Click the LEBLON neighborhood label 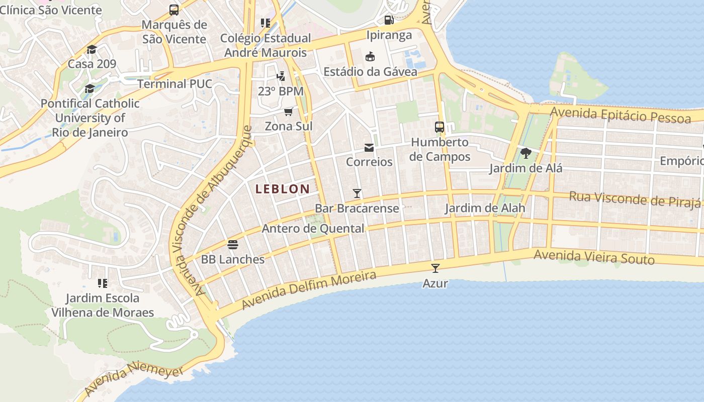tap(282, 189)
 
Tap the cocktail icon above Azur tap(435, 268)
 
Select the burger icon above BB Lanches tap(232, 245)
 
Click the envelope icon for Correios tap(369, 148)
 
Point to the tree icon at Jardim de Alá tap(526, 153)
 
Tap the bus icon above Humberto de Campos tap(439, 127)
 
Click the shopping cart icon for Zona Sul tap(289, 112)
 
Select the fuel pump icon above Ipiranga tap(389, 20)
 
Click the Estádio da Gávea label tap(370, 72)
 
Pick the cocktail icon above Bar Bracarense tap(357, 193)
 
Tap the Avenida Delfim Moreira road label tap(309, 290)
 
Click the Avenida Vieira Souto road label tap(594, 257)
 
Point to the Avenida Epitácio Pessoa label tap(621, 115)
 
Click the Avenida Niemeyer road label tap(134, 380)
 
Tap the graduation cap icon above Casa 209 tap(92, 49)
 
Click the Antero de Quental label tap(313, 229)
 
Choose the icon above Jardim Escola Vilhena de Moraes tap(103, 283)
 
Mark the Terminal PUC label tap(174, 83)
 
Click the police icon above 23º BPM tap(281, 76)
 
